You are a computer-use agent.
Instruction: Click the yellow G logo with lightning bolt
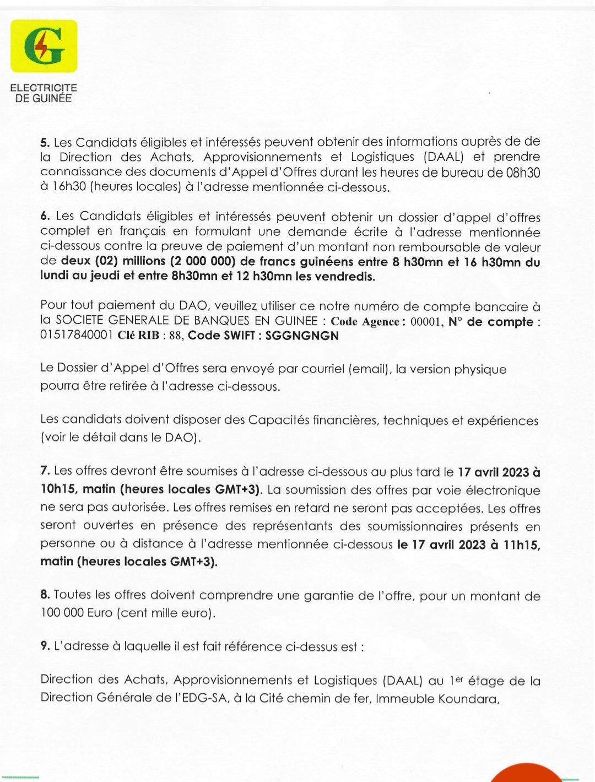coord(44,46)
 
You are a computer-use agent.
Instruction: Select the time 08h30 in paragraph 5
coord(523,172)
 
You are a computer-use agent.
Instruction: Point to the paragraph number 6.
coord(45,216)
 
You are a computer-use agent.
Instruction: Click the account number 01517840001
coord(77,336)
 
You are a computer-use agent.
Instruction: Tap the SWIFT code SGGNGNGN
coord(302,336)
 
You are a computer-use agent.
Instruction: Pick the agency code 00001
coord(426,322)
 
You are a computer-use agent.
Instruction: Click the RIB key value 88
coord(176,336)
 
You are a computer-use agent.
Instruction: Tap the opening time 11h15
coord(521,545)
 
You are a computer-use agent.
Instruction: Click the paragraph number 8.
coord(45,595)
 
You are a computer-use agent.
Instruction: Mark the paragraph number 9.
coord(45,646)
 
